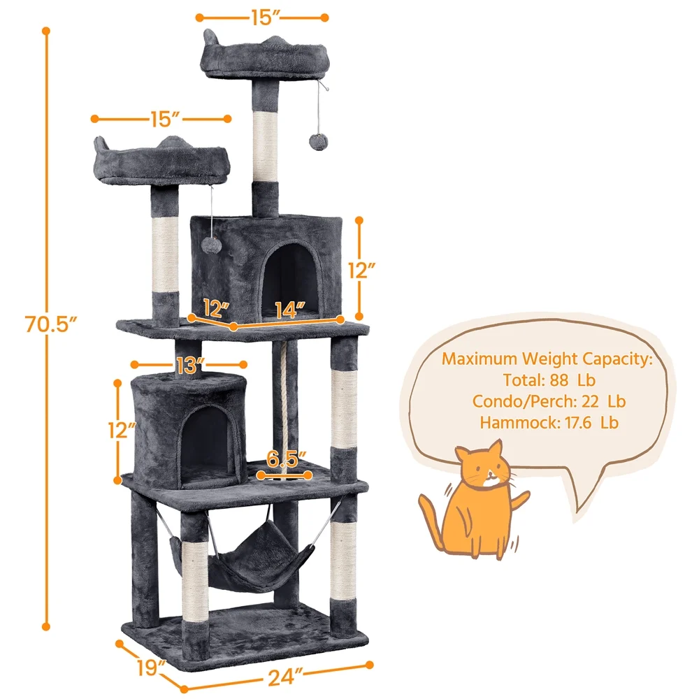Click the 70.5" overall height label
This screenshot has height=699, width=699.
(x=51, y=324)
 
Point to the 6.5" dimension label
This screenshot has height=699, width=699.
(x=286, y=459)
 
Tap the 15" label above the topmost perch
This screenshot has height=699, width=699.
(x=265, y=17)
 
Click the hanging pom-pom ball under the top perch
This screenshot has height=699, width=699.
(x=318, y=142)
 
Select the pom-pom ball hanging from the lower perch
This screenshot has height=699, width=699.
(x=210, y=243)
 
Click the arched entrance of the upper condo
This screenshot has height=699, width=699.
(x=290, y=280)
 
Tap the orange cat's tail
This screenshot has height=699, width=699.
(x=430, y=519)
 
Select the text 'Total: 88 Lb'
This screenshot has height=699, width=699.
(x=549, y=380)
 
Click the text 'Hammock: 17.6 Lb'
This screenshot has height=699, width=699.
(x=549, y=423)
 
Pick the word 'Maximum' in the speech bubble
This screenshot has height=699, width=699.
(x=480, y=359)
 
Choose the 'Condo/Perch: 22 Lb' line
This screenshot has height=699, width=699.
(x=549, y=401)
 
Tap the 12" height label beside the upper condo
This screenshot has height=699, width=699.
(x=361, y=271)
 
